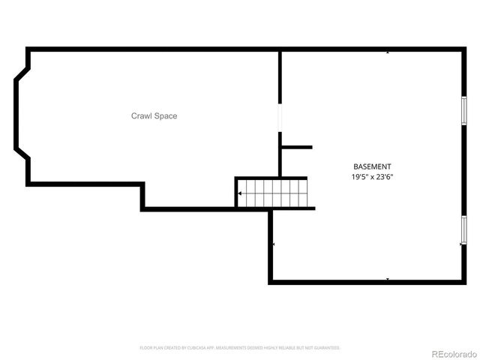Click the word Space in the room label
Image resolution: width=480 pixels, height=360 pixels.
tap(166, 116)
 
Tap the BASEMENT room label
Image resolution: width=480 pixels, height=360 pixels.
tap(372, 166)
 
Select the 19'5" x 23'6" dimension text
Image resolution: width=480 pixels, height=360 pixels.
tap(372, 177)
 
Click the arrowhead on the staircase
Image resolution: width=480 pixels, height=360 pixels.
tap(239, 193)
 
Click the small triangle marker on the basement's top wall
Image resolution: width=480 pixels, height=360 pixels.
tap(388, 53)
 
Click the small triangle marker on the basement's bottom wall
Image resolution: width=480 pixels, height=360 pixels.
tap(388, 279)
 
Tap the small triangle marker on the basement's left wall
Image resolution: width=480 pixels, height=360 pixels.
tap(274, 244)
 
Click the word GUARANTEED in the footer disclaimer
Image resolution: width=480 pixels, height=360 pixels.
tap(326, 348)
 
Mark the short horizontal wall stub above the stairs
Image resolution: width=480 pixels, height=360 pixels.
tap(296, 147)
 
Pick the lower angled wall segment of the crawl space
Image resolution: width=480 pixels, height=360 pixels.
tap(22, 158)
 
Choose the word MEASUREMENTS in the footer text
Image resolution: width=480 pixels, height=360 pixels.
tap(235, 348)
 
